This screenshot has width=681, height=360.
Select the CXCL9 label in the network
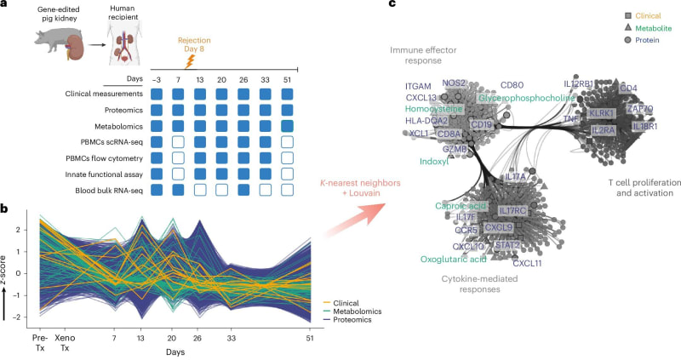click(x=498, y=227)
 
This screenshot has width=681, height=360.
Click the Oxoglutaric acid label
click(x=454, y=259)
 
